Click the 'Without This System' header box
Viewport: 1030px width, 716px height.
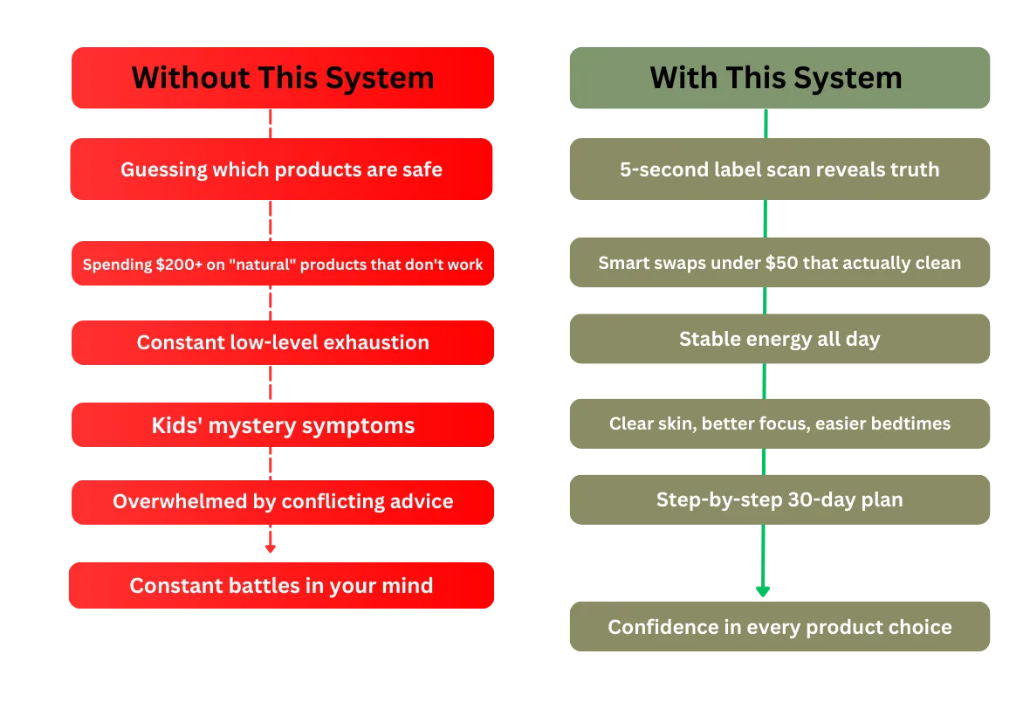click(283, 79)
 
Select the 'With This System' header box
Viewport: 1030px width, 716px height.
click(779, 79)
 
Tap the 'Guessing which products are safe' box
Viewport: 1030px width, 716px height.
click(282, 169)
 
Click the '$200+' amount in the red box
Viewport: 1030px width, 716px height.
click(175, 265)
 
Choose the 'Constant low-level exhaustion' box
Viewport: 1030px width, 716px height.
click(282, 342)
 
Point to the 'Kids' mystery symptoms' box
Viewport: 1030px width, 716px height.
click(282, 425)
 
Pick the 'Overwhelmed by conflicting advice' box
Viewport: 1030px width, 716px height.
click(282, 502)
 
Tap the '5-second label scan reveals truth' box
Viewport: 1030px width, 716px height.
click(779, 169)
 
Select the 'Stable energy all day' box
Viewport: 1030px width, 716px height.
click(779, 339)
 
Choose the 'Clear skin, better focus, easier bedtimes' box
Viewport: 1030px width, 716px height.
click(779, 424)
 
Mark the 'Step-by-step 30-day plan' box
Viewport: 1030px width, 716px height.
click(779, 500)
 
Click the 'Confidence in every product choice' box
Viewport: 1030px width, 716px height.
click(779, 627)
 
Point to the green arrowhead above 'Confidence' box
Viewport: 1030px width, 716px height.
click(764, 589)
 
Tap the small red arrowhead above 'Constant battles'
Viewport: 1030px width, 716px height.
click(270, 549)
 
